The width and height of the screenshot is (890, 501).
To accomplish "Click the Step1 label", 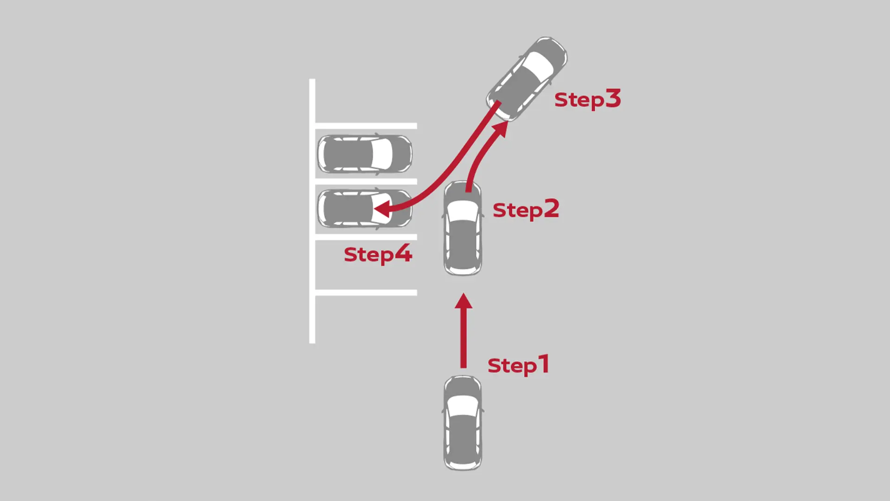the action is tap(518, 365).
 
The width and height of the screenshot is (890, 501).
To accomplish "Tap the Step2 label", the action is tap(526, 210).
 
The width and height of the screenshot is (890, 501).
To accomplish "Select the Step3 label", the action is tap(587, 99).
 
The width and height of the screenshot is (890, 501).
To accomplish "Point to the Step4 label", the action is tap(378, 254).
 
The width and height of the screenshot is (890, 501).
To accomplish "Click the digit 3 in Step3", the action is tap(613, 98).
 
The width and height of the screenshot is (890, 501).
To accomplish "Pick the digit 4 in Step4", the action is tap(403, 253).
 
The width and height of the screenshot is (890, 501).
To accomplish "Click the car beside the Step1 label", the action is tap(463, 423).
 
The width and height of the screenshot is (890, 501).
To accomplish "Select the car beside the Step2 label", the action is tap(463, 228).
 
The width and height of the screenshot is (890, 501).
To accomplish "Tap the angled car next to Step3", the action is tap(527, 79).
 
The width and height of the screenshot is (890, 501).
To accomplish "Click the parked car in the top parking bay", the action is tap(365, 154).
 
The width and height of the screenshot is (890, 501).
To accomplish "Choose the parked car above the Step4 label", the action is tap(365, 208).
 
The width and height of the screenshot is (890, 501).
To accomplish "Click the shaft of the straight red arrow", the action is tap(464, 338).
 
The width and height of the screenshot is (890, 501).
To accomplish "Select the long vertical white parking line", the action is tap(312, 211).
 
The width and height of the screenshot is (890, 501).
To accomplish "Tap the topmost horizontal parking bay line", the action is tap(366, 126).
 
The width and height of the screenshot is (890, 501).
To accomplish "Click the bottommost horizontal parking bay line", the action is tap(366, 293).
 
